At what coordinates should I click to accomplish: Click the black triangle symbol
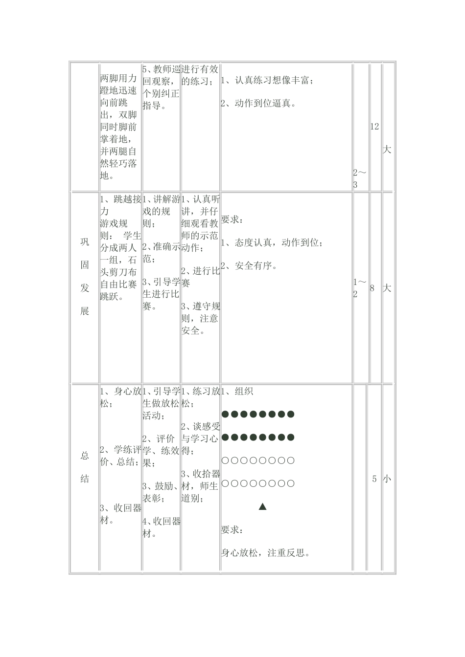(x=262, y=506)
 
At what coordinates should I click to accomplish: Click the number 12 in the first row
(x=374, y=127)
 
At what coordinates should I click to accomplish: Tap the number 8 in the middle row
(x=372, y=288)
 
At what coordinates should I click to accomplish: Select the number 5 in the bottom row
(x=374, y=479)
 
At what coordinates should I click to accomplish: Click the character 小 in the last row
(x=387, y=479)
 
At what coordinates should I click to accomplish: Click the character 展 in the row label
(x=85, y=311)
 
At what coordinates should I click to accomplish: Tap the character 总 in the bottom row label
(x=85, y=456)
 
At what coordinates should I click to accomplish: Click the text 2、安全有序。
(x=250, y=266)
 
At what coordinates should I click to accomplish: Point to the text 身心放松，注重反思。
(x=267, y=553)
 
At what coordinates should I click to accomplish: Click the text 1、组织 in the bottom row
(x=237, y=392)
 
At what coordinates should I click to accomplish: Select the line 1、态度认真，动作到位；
(x=272, y=243)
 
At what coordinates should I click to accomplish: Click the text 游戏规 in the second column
(x=114, y=223)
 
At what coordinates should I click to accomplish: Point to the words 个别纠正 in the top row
(x=161, y=93)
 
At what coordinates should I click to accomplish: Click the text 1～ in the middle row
(x=360, y=283)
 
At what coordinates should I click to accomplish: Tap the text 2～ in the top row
(x=360, y=173)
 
